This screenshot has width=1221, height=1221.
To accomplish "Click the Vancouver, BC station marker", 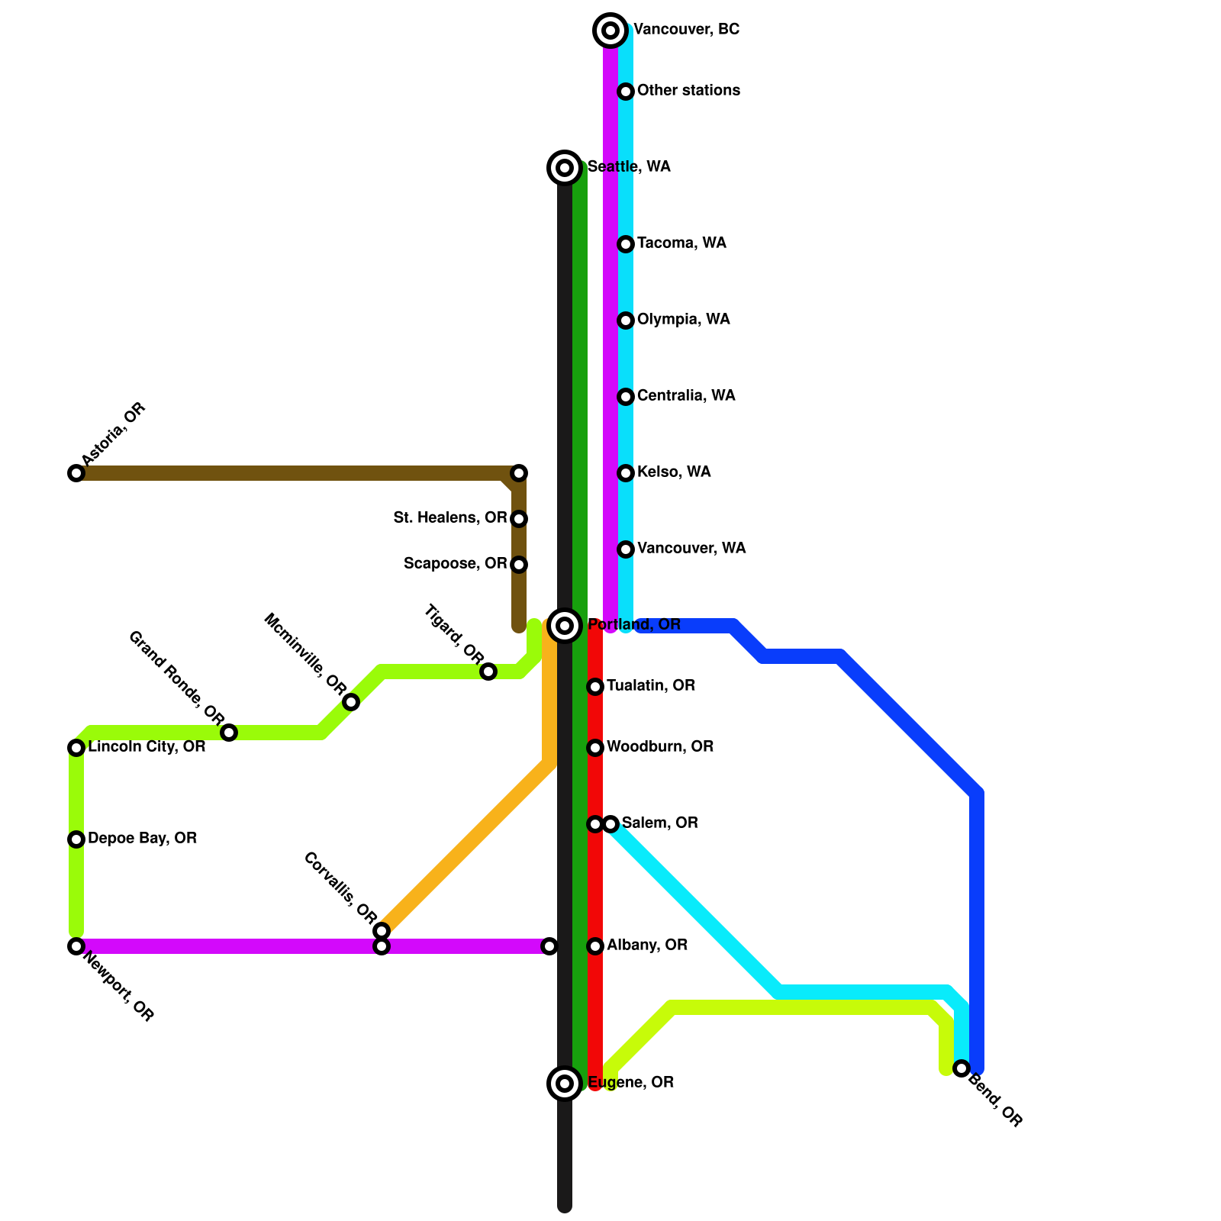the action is tap(610, 31).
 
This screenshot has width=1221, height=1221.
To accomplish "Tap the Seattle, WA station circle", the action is tap(565, 168).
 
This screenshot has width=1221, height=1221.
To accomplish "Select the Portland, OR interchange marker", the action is tap(565, 626).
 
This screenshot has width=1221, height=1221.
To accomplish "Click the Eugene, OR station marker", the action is tap(565, 1084).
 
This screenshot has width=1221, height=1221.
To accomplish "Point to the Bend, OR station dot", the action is tap(962, 1068).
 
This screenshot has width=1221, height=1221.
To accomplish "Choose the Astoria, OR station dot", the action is tap(76, 473).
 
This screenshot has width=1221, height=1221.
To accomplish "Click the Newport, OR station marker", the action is tap(76, 946).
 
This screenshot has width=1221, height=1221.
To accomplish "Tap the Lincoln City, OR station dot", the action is tap(76, 748).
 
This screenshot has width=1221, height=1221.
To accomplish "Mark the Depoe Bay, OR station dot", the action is tap(76, 839).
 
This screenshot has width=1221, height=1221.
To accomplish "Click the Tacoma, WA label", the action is tap(681, 243).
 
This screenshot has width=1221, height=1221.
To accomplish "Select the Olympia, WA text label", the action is tap(683, 320).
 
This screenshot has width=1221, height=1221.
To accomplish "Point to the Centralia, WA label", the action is tap(686, 396).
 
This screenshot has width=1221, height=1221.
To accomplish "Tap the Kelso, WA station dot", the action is tap(626, 473).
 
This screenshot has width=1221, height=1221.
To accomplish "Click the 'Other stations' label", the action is tap(688, 91).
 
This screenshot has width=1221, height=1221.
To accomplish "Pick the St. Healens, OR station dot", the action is tap(519, 519).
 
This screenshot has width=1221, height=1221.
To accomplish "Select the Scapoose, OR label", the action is tap(455, 564).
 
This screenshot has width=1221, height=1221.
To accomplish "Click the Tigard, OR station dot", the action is tap(488, 672).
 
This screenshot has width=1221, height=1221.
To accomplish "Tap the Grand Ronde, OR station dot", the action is tap(229, 733).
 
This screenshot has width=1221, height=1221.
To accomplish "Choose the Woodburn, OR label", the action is tap(660, 747).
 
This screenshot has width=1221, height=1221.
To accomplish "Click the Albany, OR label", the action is tap(647, 946).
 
